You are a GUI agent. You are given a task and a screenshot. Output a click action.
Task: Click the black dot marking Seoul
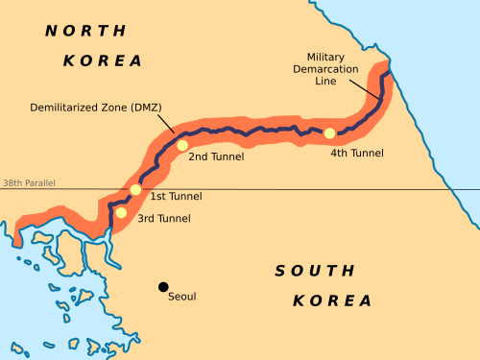coord(163,286)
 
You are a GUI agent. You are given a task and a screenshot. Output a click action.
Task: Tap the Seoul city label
coord(182,297)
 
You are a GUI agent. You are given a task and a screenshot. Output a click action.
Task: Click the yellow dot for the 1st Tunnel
coord(135,190)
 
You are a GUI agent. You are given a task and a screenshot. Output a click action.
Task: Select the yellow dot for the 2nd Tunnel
coord(181,145)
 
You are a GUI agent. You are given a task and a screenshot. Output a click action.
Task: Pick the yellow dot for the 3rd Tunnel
coord(121,212)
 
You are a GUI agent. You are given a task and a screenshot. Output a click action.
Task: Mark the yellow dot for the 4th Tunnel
coord(329,132)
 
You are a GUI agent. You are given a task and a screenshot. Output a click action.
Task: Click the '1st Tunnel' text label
coord(176,196)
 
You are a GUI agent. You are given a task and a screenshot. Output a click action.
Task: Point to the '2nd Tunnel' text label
coord(216,156)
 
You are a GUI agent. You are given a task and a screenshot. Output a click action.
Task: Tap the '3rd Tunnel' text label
coord(163,219)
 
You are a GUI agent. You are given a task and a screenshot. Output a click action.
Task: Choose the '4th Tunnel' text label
coord(357,153)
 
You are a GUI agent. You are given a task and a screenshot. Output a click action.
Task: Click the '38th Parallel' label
coord(28,182)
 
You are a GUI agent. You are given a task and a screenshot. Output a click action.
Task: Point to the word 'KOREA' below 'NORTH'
coord(103,60)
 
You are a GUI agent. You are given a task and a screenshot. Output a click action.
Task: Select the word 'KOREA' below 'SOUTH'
coord(332,300)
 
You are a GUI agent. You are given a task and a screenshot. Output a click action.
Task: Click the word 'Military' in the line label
coord(325,58)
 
